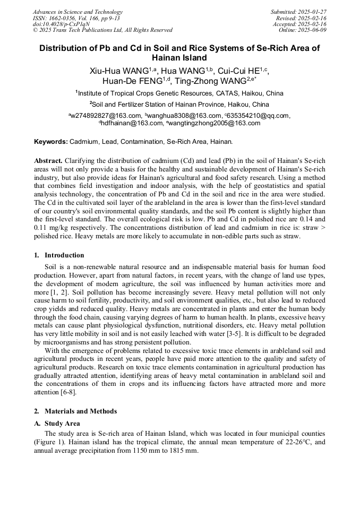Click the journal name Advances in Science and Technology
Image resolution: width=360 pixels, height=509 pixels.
click(78, 12)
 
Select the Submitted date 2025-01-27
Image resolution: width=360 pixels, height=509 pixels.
click(298, 12)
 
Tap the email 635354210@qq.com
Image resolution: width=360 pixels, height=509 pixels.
click(259, 115)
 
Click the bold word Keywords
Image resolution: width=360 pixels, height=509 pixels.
click(51, 142)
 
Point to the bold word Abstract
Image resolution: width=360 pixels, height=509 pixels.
click(48, 160)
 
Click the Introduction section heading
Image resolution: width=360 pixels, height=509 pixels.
click(64, 255)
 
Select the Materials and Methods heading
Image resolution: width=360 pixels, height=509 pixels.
click(80, 411)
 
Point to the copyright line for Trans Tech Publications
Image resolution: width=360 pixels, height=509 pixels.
click(102, 30)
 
